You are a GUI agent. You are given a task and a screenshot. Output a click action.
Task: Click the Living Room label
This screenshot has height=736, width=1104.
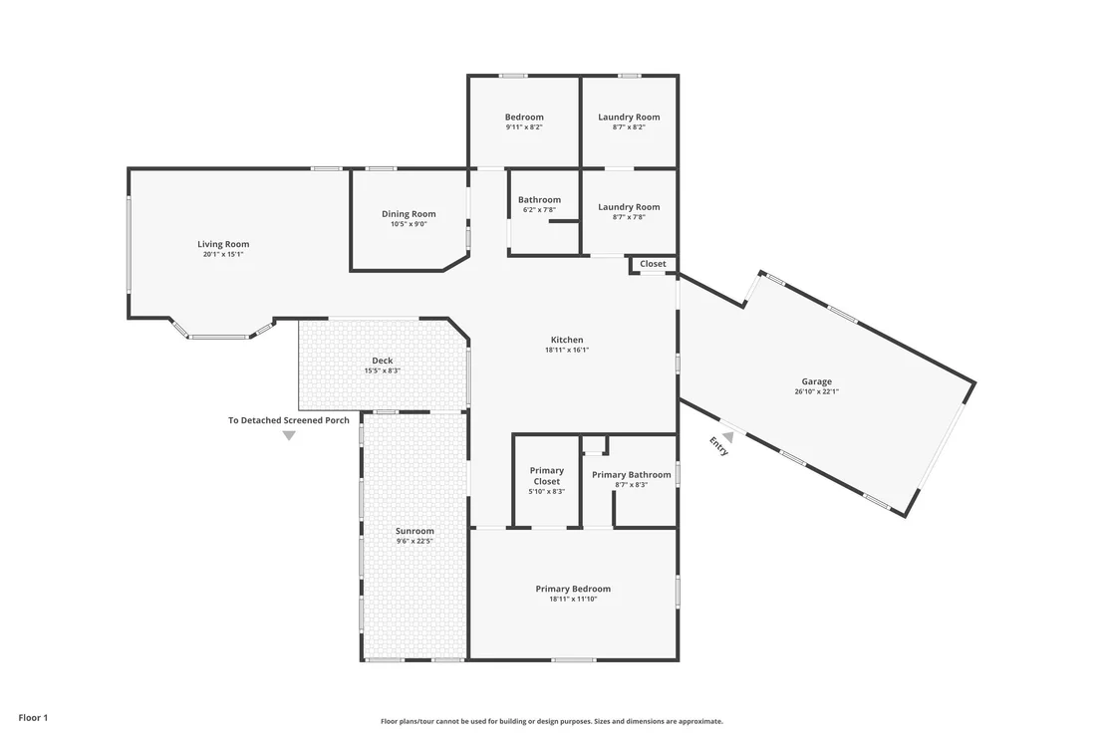tap(223, 244)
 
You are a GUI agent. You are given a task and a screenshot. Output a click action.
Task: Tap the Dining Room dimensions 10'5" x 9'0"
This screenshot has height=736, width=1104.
tap(410, 224)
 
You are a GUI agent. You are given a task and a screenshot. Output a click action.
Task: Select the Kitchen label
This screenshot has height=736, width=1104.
tap(567, 340)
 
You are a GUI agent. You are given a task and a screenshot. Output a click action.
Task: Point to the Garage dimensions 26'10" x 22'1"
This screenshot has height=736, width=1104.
tap(817, 392)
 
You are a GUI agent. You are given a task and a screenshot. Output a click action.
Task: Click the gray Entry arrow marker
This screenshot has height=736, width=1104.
tap(728, 437)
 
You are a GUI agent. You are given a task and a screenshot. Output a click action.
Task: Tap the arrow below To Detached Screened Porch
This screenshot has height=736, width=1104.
tap(289, 435)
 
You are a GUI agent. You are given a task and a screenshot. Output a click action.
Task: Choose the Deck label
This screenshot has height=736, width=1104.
tap(383, 361)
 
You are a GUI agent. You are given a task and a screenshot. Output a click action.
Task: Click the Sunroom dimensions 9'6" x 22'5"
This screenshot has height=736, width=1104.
tap(414, 542)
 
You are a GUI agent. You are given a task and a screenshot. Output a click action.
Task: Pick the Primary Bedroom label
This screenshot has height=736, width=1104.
tap(573, 589)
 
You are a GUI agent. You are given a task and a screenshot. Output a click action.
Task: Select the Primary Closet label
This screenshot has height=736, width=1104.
tap(547, 476)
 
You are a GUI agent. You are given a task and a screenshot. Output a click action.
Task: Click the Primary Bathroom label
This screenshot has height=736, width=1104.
tap(632, 475)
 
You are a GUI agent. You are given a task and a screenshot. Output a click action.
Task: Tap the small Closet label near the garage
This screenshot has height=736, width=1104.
tap(653, 264)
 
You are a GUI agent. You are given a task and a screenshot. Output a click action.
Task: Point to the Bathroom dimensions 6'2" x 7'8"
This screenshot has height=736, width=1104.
tap(539, 210)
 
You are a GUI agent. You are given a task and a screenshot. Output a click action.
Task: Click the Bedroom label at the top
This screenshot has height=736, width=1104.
tap(524, 117)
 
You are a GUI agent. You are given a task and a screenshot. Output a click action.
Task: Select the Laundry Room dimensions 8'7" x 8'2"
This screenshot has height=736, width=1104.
tap(629, 127)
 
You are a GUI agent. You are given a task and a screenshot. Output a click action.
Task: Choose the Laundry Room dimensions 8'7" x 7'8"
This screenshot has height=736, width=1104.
tap(629, 217)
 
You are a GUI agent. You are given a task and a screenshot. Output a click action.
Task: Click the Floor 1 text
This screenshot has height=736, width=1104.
tap(33, 718)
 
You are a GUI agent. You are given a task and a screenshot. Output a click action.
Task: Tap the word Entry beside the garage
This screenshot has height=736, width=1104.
tap(718, 446)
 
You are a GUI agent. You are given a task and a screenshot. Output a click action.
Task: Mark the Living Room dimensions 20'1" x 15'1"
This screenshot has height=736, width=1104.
tap(223, 255)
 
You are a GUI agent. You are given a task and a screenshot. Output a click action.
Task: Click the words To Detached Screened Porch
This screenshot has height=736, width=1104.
tap(289, 420)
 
